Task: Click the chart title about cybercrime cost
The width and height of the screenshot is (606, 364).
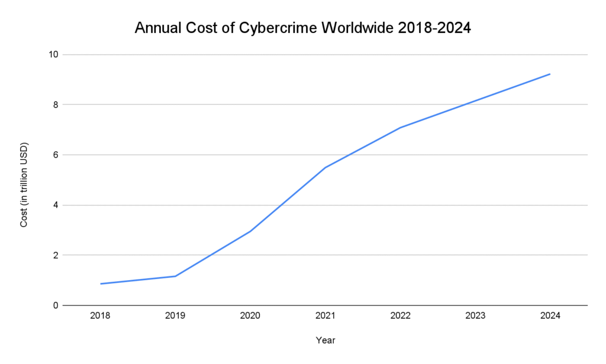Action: coord(302,28)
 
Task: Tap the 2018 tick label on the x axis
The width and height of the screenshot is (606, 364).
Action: coord(100,316)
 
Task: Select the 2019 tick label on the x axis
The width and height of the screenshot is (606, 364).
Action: coord(175,316)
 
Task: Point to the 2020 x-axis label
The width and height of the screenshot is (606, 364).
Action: coord(250,316)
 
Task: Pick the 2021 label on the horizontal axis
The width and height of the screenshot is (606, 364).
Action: coord(325,316)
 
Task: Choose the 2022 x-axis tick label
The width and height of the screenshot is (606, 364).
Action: coord(400,316)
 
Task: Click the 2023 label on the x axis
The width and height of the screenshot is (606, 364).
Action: coord(475,316)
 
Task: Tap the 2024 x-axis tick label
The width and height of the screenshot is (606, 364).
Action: coord(550,316)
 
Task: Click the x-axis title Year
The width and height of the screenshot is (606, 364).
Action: coord(325,340)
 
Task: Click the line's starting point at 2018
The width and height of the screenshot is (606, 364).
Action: coord(101,284)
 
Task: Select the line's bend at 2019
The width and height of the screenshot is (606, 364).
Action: coord(175,276)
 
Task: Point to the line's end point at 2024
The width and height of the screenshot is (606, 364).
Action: coord(550,74)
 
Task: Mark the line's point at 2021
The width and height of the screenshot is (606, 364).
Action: coord(325,168)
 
